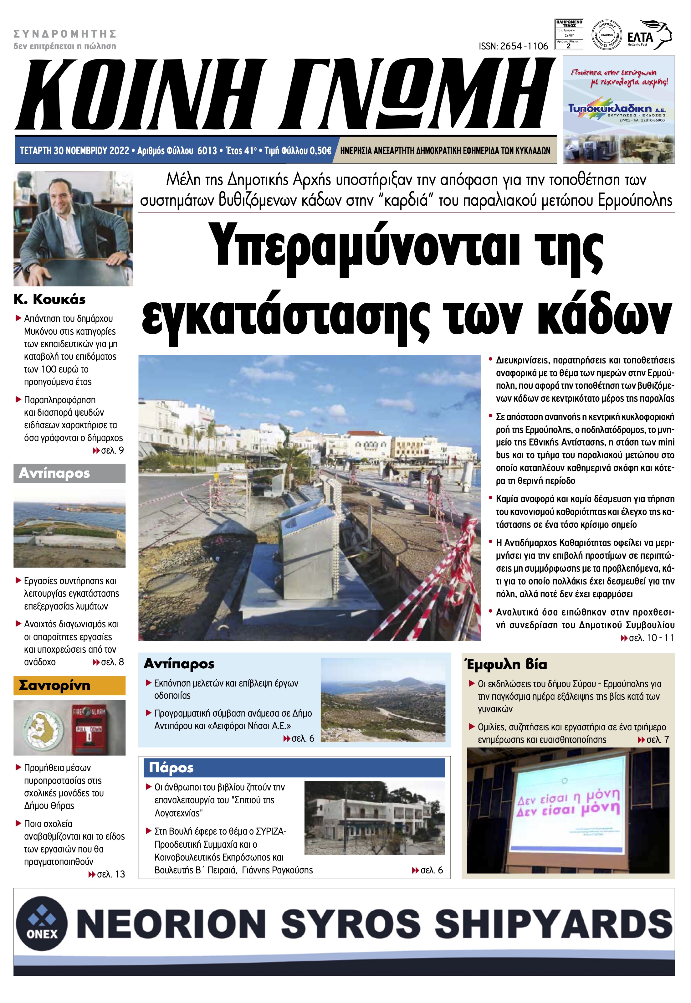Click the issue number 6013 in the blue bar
[x=207, y=151]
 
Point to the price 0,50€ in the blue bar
[x=320, y=151]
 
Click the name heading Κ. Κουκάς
[x=49, y=299]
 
